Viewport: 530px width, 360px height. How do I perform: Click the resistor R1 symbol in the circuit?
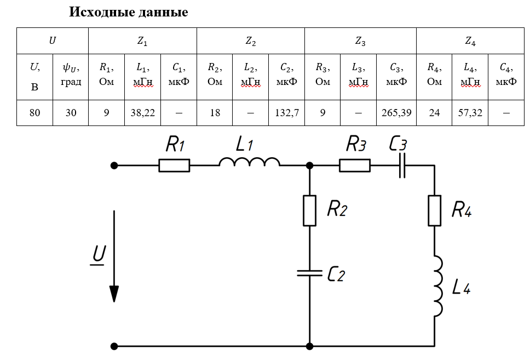174,165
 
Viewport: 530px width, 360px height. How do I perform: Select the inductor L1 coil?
250,162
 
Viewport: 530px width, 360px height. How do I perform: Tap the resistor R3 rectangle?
355,165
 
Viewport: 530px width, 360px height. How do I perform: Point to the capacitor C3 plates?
402,165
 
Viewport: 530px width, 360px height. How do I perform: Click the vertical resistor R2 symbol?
309,210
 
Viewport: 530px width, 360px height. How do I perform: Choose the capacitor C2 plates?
309,273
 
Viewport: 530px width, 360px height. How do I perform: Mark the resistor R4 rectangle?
435,210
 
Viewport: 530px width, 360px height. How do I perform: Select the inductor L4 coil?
439,286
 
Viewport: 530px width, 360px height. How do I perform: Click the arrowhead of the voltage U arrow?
114,294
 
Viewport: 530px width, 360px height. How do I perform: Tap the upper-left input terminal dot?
114,165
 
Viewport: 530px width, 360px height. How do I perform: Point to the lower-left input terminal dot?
114,346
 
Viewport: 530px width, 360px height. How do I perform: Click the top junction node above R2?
309,165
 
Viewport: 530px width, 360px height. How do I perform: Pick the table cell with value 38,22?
143,113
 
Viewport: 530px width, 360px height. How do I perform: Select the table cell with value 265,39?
396,113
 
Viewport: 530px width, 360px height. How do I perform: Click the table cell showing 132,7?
287,113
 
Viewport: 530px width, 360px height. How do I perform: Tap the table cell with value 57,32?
470,113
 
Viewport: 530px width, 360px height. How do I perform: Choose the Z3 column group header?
360,41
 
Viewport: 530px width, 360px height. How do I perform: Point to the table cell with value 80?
35,113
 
